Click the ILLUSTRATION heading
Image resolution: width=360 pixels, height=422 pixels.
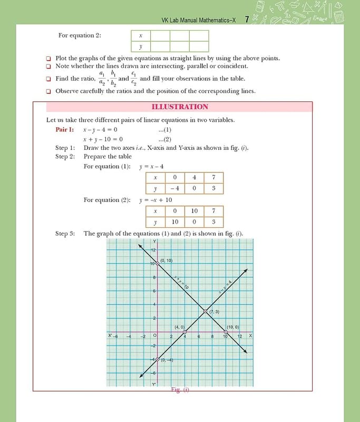(180, 107)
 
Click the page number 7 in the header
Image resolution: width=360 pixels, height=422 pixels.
(247, 20)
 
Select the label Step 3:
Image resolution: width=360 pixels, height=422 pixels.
(65, 233)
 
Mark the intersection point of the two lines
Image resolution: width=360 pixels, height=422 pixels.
(206, 312)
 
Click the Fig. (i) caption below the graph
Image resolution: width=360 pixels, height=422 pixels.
(180, 390)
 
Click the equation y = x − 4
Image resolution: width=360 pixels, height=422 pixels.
(151, 167)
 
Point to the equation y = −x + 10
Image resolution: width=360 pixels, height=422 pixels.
(155, 200)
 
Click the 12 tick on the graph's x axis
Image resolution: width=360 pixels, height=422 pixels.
(240, 337)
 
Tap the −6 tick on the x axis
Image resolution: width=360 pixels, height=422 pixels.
(115, 337)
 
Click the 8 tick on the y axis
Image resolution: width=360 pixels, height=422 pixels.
(154, 277)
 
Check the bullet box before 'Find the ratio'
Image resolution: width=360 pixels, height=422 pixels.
(48, 79)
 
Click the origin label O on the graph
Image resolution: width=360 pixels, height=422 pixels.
(154, 336)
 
